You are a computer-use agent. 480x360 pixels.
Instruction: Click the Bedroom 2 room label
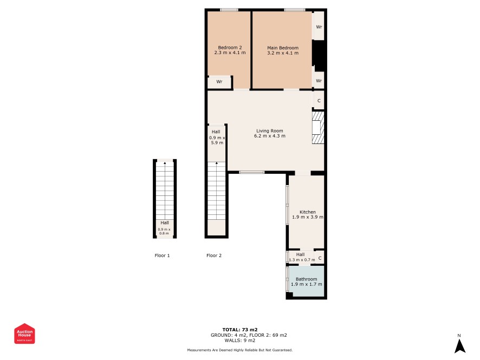[230, 48]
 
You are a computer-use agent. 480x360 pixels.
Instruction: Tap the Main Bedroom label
[283, 48]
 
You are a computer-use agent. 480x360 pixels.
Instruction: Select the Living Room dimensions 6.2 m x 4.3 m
[270, 136]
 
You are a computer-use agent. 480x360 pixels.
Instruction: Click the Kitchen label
[307, 212]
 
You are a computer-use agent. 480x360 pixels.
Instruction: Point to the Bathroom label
[306, 279]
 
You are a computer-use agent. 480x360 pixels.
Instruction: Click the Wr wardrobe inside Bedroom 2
[219, 82]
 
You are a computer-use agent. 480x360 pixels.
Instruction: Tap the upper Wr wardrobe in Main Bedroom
[319, 26]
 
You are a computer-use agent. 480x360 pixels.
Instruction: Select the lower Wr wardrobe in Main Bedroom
[319, 80]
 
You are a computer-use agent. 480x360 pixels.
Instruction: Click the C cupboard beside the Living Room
[319, 100]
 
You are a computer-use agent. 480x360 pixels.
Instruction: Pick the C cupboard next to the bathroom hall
[320, 258]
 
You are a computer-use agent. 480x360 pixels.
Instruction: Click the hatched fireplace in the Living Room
[318, 128]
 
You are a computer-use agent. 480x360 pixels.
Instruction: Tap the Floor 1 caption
[162, 256]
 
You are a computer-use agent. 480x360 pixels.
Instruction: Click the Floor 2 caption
[213, 256]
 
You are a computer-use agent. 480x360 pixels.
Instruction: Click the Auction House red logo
[24, 333]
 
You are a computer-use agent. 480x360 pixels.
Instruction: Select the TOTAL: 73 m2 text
[239, 330]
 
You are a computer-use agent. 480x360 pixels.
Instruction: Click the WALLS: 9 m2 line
[239, 340]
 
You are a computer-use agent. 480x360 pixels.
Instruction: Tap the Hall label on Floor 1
[164, 222]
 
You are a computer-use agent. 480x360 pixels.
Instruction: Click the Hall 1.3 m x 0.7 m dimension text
[302, 260]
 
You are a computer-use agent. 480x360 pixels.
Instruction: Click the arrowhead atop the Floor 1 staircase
[165, 163]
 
